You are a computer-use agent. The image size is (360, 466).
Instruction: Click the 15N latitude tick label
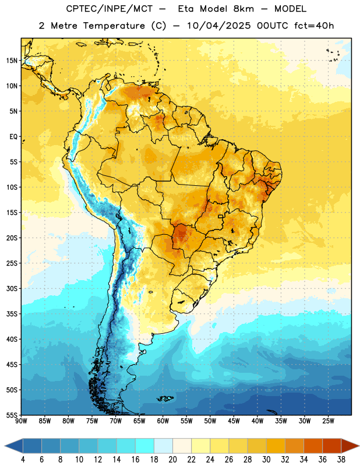pyautogui.click(x=12, y=61)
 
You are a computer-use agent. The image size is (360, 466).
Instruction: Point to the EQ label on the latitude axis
pyautogui.click(x=13, y=137)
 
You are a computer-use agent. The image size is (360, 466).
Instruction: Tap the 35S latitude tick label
pyautogui.click(x=12, y=314)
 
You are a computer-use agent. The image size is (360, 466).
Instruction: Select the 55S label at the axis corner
pyautogui.click(x=12, y=415)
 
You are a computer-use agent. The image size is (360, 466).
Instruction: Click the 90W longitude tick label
pyautogui.click(x=22, y=421)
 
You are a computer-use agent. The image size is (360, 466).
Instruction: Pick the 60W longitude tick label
pyautogui.click(x=163, y=421)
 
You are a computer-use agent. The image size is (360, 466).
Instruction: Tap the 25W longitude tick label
pyautogui.click(x=328, y=421)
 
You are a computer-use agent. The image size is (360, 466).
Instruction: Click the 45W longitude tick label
pyautogui.click(x=234, y=421)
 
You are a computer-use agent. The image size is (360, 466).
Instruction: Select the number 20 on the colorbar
pyautogui.click(x=172, y=460)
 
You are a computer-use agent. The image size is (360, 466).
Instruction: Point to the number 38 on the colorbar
pyautogui.click(x=341, y=460)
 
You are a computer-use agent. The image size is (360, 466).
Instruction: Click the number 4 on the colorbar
pyautogui.click(x=23, y=460)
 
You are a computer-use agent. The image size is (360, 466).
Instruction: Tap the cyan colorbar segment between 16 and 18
pyautogui.click(x=145, y=446)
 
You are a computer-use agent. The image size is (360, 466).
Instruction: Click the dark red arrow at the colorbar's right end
pyautogui.click(x=350, y=446)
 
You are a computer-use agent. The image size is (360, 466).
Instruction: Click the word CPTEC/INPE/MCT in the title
pyautogui.click(x=110, y=9)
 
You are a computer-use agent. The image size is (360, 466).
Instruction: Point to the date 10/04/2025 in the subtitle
pyautogui.click(x=219, y=26)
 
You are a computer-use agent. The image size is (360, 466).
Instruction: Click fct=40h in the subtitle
pyautogui.click(x=314, y=26)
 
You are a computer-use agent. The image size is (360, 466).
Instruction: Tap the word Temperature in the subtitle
pyautogui.click(x=114, y=26)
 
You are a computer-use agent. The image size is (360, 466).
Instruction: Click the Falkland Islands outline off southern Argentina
pyautogui.click(x=165, y=398)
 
